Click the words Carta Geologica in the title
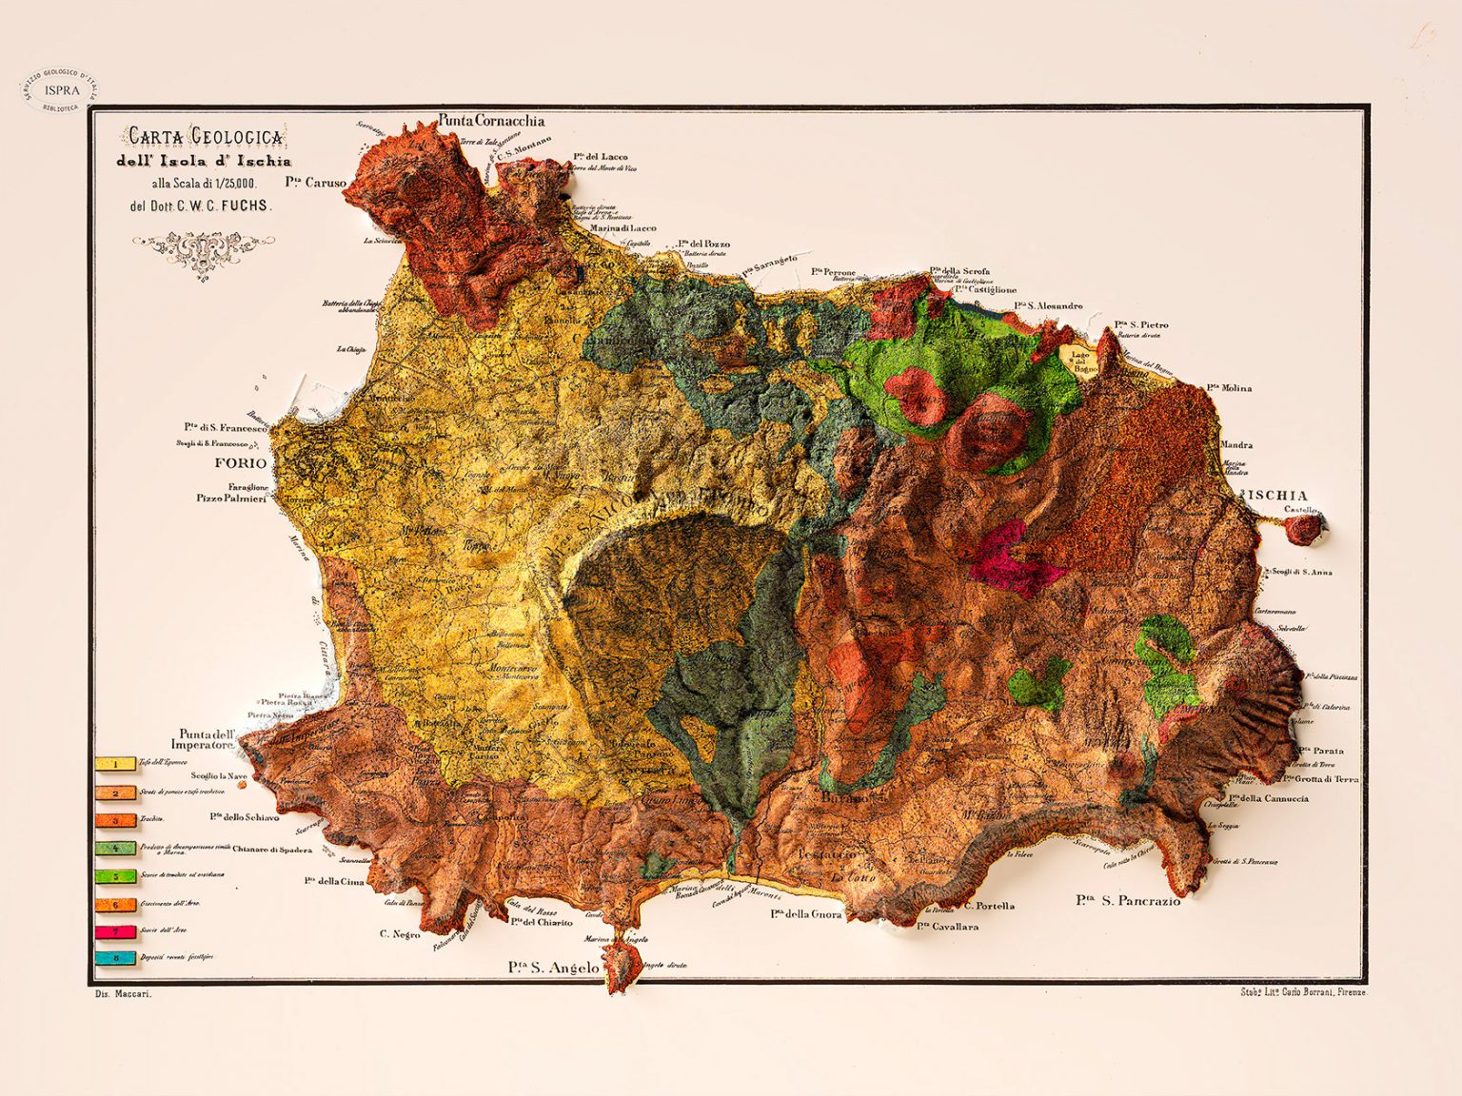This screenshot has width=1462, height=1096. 206,137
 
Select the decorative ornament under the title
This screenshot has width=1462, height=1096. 202,251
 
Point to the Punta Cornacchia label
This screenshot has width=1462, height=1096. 491,121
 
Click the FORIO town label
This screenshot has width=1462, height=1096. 241,463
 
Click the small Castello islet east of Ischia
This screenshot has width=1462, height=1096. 1302,530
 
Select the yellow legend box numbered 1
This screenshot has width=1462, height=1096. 116,764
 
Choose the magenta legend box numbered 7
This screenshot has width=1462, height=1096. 116,931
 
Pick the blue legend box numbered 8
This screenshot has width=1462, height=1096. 116,958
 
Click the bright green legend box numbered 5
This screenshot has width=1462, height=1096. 116,876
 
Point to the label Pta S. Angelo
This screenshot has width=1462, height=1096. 554,968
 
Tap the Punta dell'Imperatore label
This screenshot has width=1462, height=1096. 207,739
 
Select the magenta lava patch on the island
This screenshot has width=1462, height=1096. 1011,561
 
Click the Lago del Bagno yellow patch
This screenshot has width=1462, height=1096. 1079,361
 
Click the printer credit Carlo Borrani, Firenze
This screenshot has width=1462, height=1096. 1303,992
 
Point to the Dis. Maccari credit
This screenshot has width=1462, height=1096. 124,994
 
